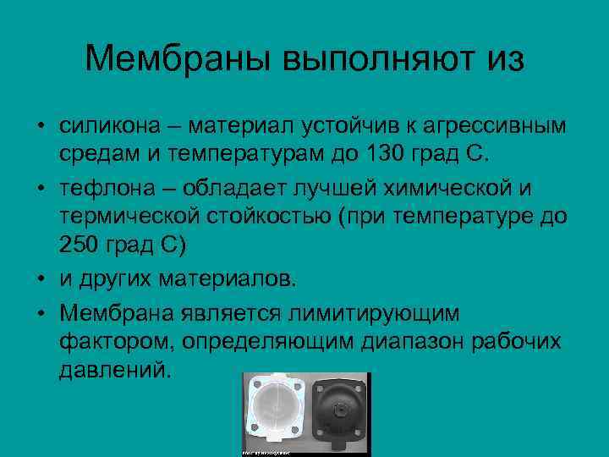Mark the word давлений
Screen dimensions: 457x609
115,370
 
